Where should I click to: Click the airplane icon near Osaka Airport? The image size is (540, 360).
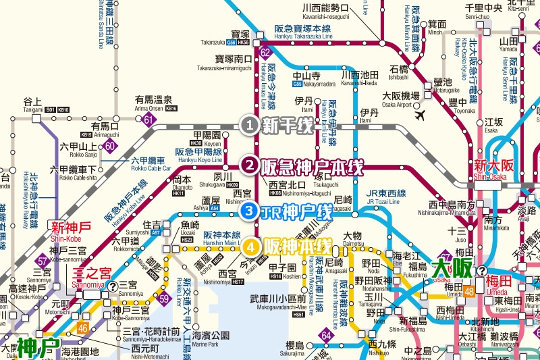pyautogui.click(x=422, y=115)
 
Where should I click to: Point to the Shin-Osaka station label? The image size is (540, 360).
pyautogui.click(x=489, y=169)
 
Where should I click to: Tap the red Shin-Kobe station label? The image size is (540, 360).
pyautogui.click(x=65, y=230)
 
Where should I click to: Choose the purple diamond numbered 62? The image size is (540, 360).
pyautogui.click(x=265, y=53)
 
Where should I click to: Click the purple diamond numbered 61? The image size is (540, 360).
pyautogui.click(x=148, y=120)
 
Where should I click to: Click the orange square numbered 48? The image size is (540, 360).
pyautogui.click(x=469, y=292)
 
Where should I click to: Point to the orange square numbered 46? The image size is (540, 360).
pyautogui.click(x=82, y=329)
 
